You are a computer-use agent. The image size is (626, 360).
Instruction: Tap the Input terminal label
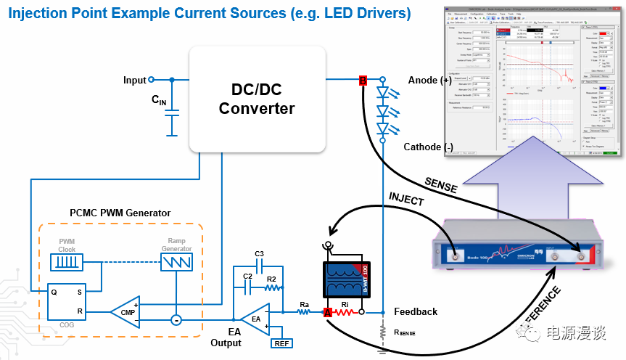click(134, 80)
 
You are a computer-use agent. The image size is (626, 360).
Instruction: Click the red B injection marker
click(363, 80)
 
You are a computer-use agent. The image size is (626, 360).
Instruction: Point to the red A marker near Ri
click(328, 312)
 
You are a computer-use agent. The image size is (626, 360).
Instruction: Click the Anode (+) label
click(430, 80)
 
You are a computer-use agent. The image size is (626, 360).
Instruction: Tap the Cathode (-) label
click(428, 147)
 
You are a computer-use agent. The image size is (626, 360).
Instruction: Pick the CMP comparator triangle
click(125, 313)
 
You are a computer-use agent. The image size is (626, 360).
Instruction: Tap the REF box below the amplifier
click(281, 343)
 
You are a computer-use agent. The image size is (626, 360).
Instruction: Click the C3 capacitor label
click(259, 253)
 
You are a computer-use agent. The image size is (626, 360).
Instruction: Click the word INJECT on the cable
click(407, 198)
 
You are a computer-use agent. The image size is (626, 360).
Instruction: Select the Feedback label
click(416, 311)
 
